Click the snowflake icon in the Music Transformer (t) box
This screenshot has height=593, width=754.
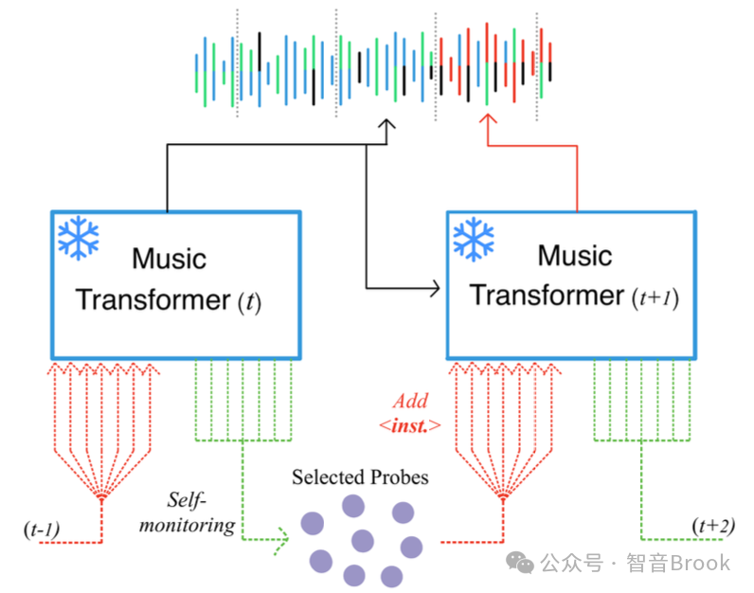[x=79, y=239]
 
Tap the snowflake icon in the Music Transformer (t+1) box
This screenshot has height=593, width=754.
[x=474, y=239]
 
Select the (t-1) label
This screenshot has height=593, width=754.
[x=42, y=529]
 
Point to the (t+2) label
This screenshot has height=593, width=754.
[x=713, y=525]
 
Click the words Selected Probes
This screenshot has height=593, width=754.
[x=360, y=477]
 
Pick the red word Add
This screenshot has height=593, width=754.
[x=411, y=401]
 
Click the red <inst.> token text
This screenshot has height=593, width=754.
[x=410, y=425]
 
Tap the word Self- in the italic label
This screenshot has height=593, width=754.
[x=187, y=500]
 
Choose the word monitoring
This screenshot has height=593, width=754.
[x=188, y=525]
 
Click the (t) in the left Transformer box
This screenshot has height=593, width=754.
[x=249, y=302]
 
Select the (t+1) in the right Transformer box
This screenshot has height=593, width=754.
[x=655, y=297]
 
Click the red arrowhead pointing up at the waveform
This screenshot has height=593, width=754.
[x=488, y=118]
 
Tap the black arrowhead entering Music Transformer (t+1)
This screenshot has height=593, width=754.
[x=436, y=289]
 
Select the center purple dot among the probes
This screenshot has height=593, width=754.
[x=363, y=541]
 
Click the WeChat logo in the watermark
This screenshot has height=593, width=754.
[x=520, y=563]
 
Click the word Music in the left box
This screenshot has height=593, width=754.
[x=170, y=259]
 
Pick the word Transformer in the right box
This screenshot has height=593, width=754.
[x=547, y=295]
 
